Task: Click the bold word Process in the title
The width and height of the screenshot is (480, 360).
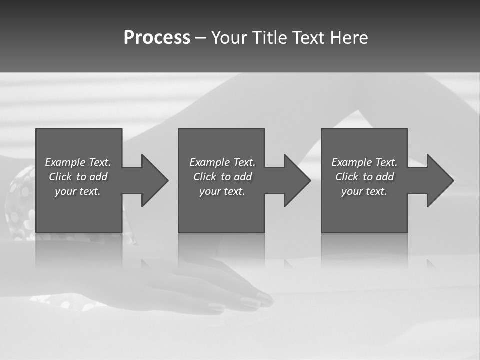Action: coord(157,38)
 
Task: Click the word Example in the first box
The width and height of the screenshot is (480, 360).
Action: coord(65,162)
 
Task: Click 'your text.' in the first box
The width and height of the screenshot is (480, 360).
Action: coord(78,191)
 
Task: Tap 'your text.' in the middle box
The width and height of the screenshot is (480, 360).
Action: coord(222,191)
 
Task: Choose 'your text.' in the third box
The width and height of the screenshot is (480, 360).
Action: coord(364,191)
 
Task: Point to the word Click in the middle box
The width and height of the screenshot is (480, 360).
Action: coord(205,177)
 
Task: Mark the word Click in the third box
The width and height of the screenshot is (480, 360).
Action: coord(347,177)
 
